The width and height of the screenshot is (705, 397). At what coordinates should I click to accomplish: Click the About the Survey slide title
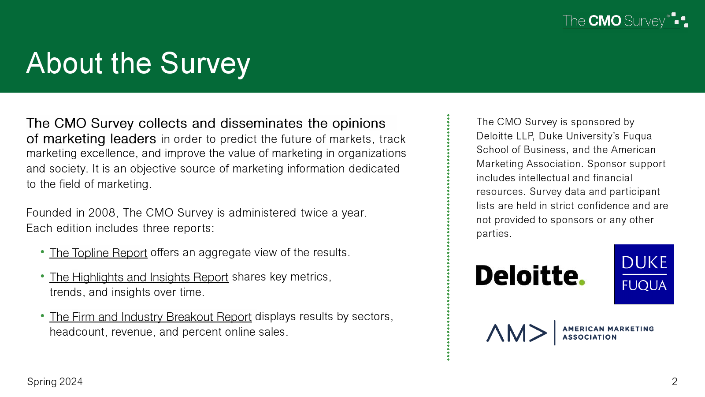click(x=138, y=64)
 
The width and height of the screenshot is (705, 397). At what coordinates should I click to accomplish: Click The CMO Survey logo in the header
click(x=625, y=20)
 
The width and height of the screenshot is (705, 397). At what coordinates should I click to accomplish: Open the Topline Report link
click(x=98, y=253)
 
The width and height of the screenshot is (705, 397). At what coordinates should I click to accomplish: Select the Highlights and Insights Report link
click(x=139, y=277)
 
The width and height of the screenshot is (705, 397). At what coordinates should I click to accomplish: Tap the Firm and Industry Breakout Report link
click(x=150, y=317)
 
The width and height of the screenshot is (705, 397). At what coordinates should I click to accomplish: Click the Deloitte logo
click(x=531, y=275)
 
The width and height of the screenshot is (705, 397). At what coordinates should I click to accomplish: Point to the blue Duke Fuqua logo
click(x=644, y=274)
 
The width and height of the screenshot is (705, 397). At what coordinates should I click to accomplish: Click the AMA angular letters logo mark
click(x=516, y=333)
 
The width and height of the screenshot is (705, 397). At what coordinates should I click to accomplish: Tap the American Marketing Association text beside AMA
click(x=608, y=333)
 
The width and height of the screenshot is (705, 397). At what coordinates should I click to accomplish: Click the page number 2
click(x=675, y=382)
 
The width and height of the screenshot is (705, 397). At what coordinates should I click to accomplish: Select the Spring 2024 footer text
click(x=55, y=382)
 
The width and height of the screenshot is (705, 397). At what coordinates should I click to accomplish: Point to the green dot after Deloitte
click(x=582, y=282)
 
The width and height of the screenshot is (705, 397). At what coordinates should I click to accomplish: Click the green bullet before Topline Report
click(x=42, y=252)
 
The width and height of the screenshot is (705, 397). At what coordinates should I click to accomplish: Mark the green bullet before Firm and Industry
click(x=42, y=316)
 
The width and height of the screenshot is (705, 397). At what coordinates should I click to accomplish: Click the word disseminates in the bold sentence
click(x=262, y=123)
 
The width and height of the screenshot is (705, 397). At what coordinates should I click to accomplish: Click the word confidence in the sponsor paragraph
click(x=603, y=206)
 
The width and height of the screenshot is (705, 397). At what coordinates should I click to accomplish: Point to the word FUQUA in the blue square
click(x=644, y=285)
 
